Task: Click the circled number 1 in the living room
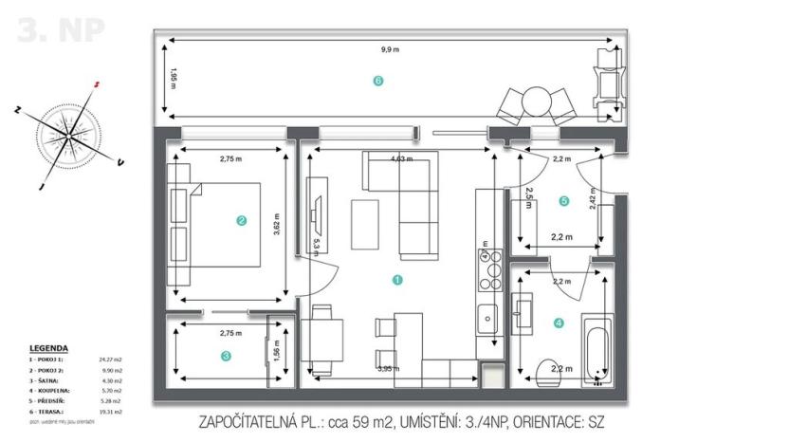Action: click(397, 280)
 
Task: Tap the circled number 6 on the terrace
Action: click(378, 82)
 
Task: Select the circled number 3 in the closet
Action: click(226, 356)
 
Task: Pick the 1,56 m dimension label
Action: click(277, 351)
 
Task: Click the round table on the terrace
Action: click(536, 100)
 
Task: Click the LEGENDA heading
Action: click(48, 348)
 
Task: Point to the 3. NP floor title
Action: click(61, 30)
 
